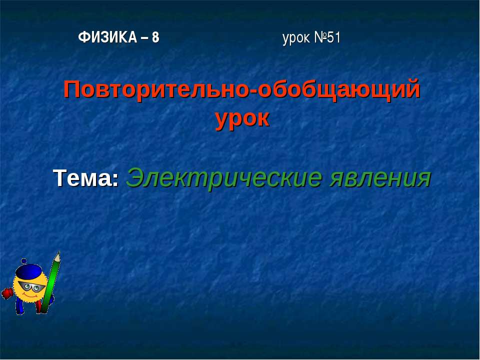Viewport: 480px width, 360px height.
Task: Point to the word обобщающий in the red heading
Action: (x=339, y=90)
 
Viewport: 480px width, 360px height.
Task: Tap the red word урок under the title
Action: (x=242, y=118)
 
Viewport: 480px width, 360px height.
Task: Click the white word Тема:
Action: (x=86, y=178)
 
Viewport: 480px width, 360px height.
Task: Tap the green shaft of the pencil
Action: (x=50, y=285)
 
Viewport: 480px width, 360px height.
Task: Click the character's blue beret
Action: (x=28, y=272)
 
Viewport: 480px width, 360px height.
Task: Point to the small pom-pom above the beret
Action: (x=23, y=261)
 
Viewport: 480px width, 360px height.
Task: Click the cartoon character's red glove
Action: (x=6, y=293)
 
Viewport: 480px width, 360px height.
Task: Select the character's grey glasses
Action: (x=31, y=286)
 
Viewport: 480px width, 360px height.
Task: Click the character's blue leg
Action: (x=19, y=305)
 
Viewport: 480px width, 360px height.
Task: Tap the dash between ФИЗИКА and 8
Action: (x=143, y=38)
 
